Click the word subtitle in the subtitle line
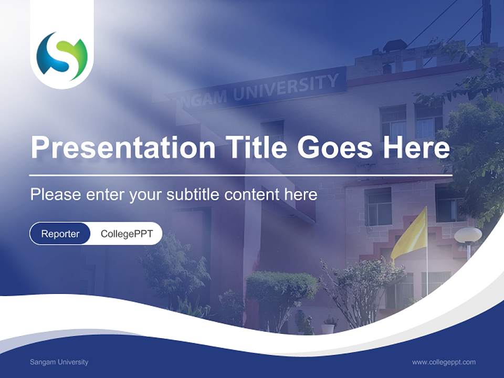[194, 195]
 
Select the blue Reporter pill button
[60, 234]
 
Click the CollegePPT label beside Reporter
[127, 234]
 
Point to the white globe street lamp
[468, 235]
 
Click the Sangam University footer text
[59, 362]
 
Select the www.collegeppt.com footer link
[444, 362]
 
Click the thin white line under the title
[240, 175]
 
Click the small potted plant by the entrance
[329, 325]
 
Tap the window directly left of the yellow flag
[378, 206]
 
